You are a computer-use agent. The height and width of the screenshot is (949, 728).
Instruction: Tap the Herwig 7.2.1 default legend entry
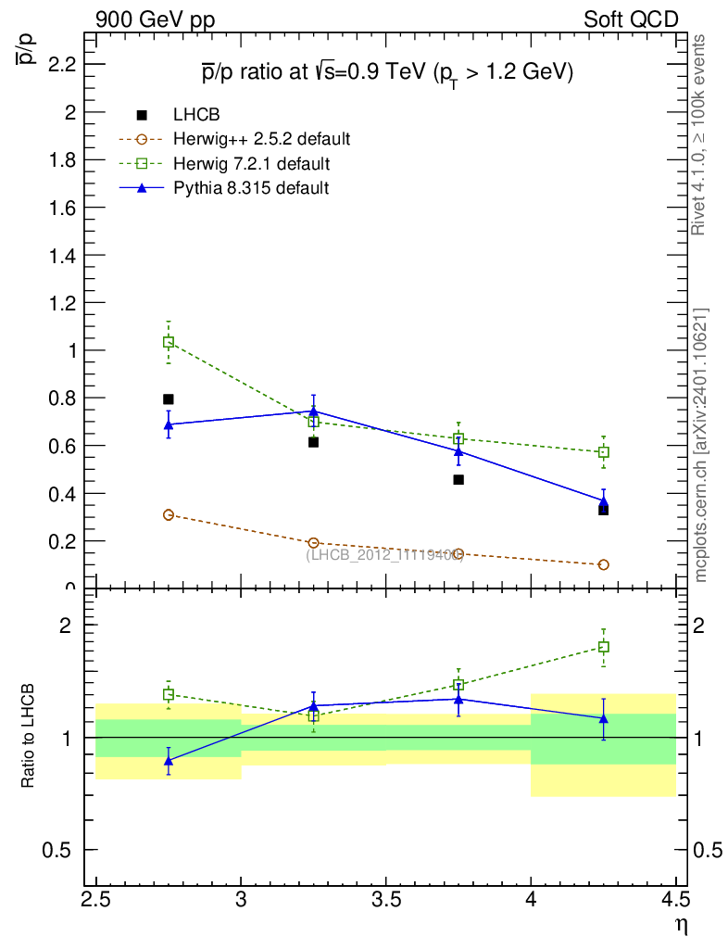[251, 164]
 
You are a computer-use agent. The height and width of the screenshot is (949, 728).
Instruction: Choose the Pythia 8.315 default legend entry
[250, 188]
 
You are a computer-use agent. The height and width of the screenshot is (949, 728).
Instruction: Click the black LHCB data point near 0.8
[169, 399]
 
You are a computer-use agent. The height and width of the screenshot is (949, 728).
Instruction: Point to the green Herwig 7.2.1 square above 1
[169, 342]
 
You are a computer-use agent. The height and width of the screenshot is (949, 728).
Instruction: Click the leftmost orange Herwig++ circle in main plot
[169, 514]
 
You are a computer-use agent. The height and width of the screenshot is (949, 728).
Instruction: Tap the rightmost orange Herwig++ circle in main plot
[603, 564]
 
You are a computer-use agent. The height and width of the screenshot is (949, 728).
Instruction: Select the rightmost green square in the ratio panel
[603, 647]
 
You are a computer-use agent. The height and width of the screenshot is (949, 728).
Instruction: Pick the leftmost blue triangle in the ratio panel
[169, 761]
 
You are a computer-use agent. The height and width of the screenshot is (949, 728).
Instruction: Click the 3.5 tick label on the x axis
[385, 899]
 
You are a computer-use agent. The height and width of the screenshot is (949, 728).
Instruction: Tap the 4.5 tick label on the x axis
[674, 899]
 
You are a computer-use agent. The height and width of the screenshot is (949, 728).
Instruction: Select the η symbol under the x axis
[680, 924]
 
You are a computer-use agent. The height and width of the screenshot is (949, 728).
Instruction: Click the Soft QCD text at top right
[631, 19]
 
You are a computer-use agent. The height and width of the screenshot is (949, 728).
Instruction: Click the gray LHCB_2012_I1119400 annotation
[383, 555]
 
